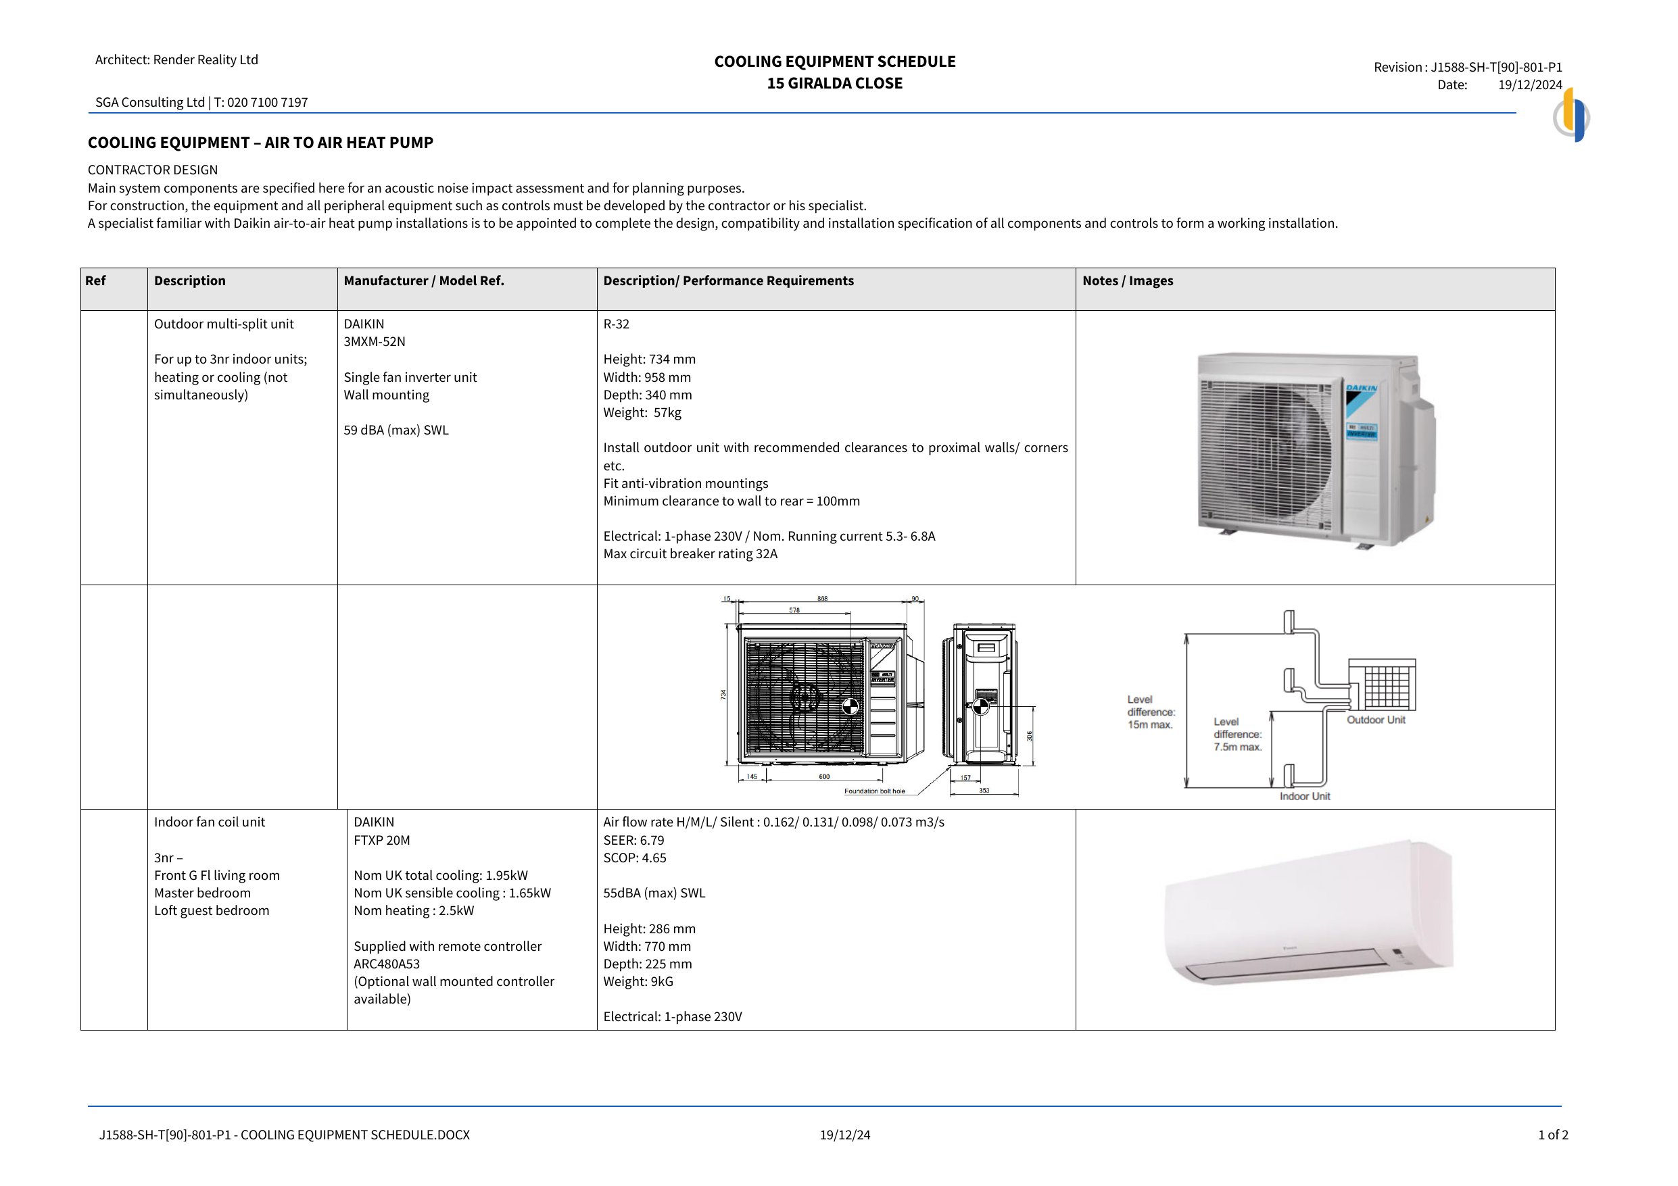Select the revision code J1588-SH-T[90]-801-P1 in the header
tap(1496, 67)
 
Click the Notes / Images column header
tap(1128, 280)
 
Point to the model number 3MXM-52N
tap(374, 341)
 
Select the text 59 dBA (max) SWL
tap(396, 430)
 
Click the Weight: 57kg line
tap(642, 412)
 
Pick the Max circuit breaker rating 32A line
tap(690, 554)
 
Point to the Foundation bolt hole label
tap(874, 791)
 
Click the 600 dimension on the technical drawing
tap(823, 776)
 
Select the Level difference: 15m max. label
tap(1151, 712)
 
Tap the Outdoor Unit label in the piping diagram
tap(1375, 720)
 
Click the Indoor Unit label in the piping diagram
tap(1305, 797)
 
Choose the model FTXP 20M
tap(381, 841)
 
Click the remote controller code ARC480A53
tap(387, 964)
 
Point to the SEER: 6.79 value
tap(633, 841)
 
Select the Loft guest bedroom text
tap(211, 910)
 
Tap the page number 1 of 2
tap(1553, 1135)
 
